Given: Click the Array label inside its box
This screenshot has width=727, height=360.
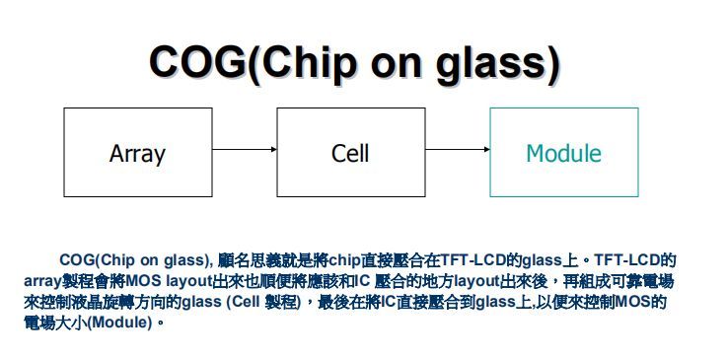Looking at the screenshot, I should [137, 153].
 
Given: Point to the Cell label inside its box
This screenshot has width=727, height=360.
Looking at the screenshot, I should [350, 153].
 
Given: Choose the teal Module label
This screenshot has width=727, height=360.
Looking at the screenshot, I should [563, 153].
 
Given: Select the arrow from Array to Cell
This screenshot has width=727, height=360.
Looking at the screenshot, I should [244, 149].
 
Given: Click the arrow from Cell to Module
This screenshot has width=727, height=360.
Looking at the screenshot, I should [457, 149].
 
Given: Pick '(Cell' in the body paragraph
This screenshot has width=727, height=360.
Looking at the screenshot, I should [243, 302].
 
